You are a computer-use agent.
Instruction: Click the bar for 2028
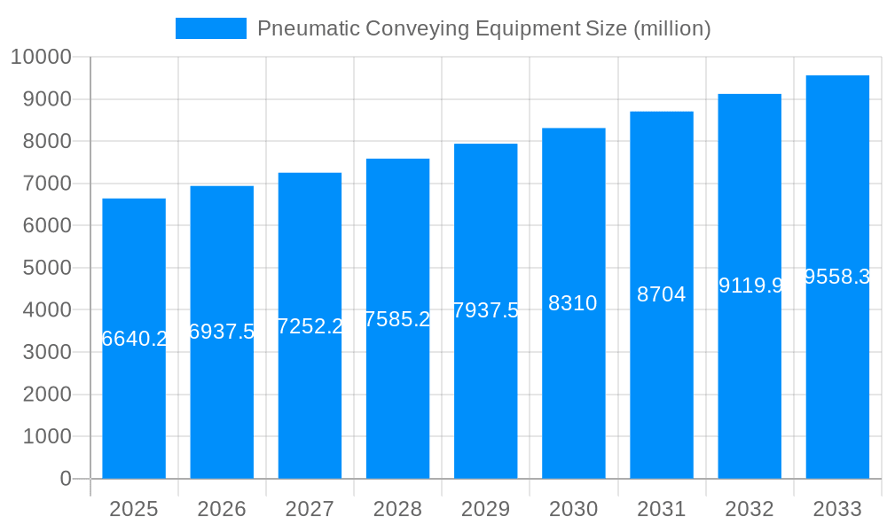pos(397,399)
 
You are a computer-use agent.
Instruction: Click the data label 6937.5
pos(222,332)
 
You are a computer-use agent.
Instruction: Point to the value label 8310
pos(573,303)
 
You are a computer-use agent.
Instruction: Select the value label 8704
pos(661,294)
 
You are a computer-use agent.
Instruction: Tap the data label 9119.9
pos(750,286)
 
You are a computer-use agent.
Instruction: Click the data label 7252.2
pos(310,326)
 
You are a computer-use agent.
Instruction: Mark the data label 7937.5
pos(486,310)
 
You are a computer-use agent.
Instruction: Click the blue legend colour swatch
pos(211,28)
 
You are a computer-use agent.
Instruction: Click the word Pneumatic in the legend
pos(299,28)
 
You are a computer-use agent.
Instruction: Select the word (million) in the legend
pos(671,28)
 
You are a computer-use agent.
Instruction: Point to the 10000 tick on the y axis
pos(40,57)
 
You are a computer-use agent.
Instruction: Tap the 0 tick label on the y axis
pos(66,479)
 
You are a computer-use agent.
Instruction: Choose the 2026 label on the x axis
pos(222,509)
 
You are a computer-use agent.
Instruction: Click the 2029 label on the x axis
pos(486,509)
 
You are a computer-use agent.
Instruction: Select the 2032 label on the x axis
pos(750,509)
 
